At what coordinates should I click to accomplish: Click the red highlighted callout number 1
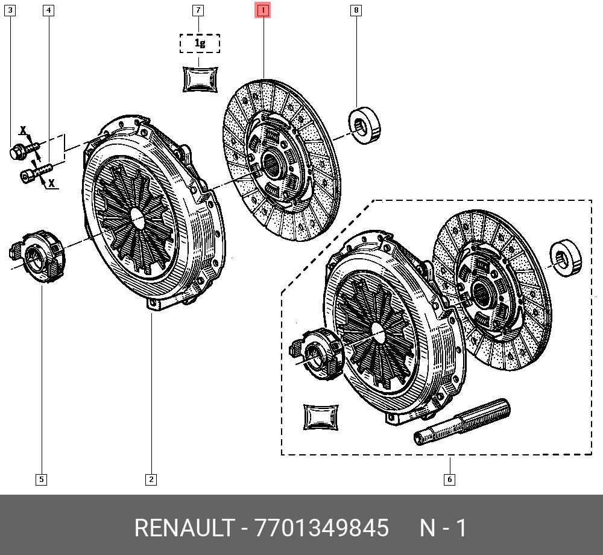click(263, 10)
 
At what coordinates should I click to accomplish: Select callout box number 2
click(151, 480)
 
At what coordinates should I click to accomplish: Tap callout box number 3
click(10, 10)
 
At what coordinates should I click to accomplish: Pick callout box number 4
click(48, 10)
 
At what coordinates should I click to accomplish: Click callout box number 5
click(41, 480)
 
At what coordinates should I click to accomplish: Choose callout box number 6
click(449, 480)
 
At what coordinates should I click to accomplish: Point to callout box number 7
click(198, 10)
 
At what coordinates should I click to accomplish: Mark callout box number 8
click(356, 10)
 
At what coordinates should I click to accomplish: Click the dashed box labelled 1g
click(200, 43)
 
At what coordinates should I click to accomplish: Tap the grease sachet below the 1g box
click(200, 79)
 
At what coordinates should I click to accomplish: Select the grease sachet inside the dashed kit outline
click(321, 417)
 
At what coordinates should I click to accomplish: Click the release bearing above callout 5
click(40, 255)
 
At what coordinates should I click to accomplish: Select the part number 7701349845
click(322, 528)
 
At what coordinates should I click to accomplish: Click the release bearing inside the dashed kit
click(314, 354)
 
